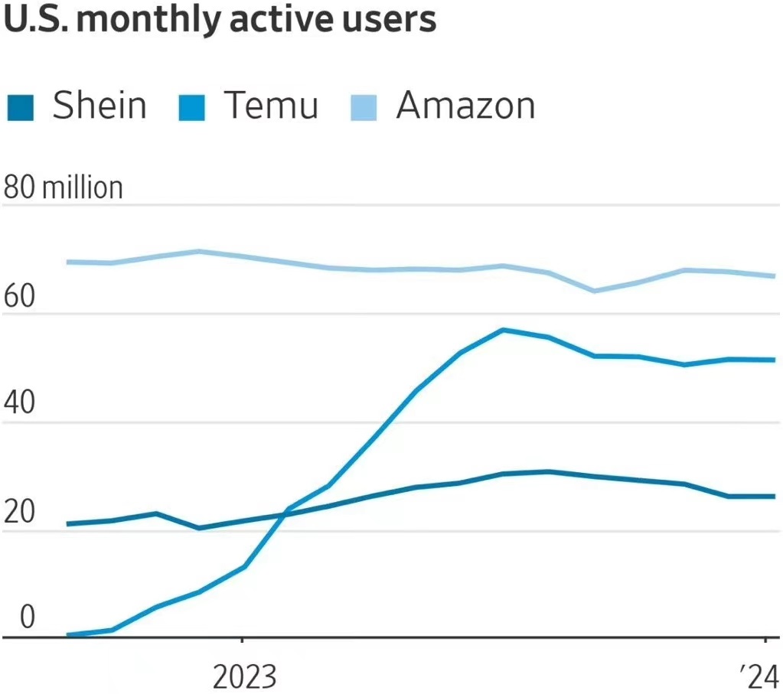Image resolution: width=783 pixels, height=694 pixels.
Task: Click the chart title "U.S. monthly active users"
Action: click(x=220, y=20)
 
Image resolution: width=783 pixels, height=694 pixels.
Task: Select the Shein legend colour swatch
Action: click(x=21, y=106)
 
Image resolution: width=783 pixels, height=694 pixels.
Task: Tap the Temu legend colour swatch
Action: click(x=192, y=106)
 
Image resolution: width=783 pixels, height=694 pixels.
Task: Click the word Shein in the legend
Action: click(x=99, y=106)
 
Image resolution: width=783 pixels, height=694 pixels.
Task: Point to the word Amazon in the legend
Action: click(x=465, y=106)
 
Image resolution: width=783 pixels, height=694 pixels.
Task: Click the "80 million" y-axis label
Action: click(x=63, y=187)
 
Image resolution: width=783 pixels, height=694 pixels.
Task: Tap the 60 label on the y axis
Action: click(x=19, y=297)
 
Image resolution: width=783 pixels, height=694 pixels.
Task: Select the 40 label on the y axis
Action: click(x=19, y=405)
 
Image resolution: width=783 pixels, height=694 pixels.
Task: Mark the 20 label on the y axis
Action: click(x=19, y=513)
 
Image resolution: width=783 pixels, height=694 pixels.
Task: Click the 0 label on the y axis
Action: click(x=28, y=617)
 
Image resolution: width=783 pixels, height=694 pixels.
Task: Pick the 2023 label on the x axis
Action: click(x=243, y=677)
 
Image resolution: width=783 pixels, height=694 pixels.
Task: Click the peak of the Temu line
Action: click(x=503, y=330)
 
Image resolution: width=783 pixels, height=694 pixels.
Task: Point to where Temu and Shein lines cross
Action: click(x=284, y=514)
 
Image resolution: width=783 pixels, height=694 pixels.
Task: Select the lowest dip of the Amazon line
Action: click(x=594, y=291)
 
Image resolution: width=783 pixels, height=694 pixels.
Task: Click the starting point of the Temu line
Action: click(x=69, y=634)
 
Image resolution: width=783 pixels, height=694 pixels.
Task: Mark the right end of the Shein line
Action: click(x=774, y=497)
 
